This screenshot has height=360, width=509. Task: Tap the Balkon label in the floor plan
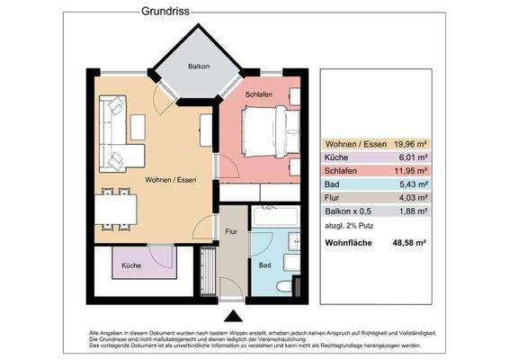(199, 67)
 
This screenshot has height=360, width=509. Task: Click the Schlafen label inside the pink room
(259, 94)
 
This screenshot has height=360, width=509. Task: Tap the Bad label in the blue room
(264, 266)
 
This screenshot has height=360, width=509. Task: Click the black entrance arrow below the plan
(233, 316)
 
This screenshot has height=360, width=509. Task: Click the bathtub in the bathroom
(278, 217)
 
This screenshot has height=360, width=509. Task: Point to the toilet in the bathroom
(284, 286)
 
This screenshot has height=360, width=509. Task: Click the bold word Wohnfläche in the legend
(349, 243)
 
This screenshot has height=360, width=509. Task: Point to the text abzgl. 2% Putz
(352, 226)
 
